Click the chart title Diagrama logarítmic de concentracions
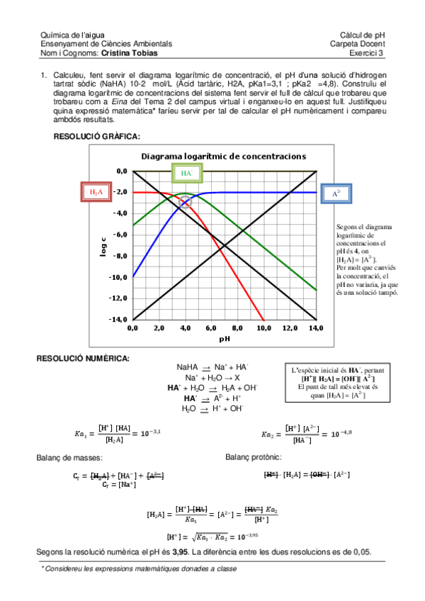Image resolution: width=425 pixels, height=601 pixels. click(223, 156)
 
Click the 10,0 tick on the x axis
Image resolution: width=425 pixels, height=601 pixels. click(263, 328)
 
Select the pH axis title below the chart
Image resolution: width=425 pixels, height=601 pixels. click(225, 339)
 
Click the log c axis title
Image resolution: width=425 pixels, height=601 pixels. click(103, 245)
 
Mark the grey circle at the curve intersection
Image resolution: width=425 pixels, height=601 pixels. click(186, 203)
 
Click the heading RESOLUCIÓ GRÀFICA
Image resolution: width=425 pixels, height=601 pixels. click(97, 136)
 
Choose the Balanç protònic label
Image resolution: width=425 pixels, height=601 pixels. click(254, 458)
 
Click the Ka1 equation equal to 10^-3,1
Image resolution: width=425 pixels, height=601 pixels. click(112, 432)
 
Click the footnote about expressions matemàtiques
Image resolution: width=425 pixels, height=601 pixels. click(139, 569)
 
